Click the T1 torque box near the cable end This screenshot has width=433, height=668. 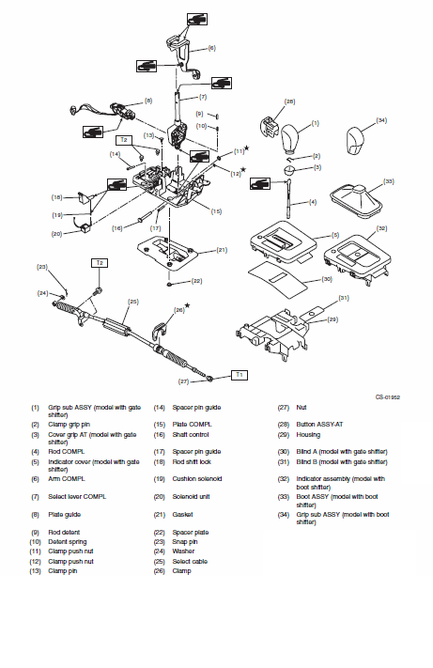click(239, 375)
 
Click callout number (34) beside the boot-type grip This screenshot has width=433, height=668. click(381, 120)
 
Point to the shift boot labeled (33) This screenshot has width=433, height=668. click(356, 200)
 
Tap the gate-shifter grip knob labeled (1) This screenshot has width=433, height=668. click(291, 139)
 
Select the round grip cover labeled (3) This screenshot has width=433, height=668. click(289, 170)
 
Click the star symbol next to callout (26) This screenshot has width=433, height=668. click(187, 305)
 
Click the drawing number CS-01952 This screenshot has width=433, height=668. click(387, 397)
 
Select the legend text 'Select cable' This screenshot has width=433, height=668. click(190, 562)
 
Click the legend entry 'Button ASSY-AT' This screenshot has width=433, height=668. click(319, 425)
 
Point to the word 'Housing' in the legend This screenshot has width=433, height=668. click(308, 435)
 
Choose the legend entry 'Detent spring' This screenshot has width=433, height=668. click(68, 542)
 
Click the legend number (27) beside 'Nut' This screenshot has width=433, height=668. click(283, 407)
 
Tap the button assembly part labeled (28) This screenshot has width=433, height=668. click(269, 125)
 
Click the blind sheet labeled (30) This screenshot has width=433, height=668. click(278, 278)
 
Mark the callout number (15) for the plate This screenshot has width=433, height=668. click(216, 211)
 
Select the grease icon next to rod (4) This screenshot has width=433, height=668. click(260, 183)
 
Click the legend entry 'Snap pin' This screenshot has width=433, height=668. click(185, 542)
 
